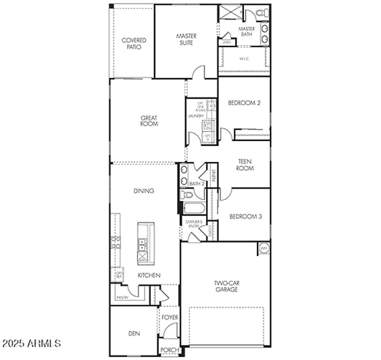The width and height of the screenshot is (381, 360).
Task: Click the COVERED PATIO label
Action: click(134, 44)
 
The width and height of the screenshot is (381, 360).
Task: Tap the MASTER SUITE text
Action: click(186, 39)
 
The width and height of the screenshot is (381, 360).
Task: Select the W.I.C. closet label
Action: click(244, 59)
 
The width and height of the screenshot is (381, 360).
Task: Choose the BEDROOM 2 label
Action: click(244, 103)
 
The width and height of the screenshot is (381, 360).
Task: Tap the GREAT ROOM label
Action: click(149, 121)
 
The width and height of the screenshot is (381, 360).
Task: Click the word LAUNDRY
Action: click(196, 116)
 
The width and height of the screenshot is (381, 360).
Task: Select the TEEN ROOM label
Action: click(245, 165)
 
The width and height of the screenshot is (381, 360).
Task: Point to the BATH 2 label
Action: click(196, 184)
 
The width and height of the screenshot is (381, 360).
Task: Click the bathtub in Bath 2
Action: click(193, 208)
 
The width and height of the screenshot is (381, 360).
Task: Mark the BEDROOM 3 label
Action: click(246, 216)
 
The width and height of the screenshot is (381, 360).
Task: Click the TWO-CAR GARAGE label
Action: click(226, 286)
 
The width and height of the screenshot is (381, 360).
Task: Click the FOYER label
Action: click(169, 317)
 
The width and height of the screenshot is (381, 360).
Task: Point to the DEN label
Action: click(134, 334)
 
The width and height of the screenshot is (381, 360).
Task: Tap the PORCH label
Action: click(170, 350)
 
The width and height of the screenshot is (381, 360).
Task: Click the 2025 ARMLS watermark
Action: click(31, 343)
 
